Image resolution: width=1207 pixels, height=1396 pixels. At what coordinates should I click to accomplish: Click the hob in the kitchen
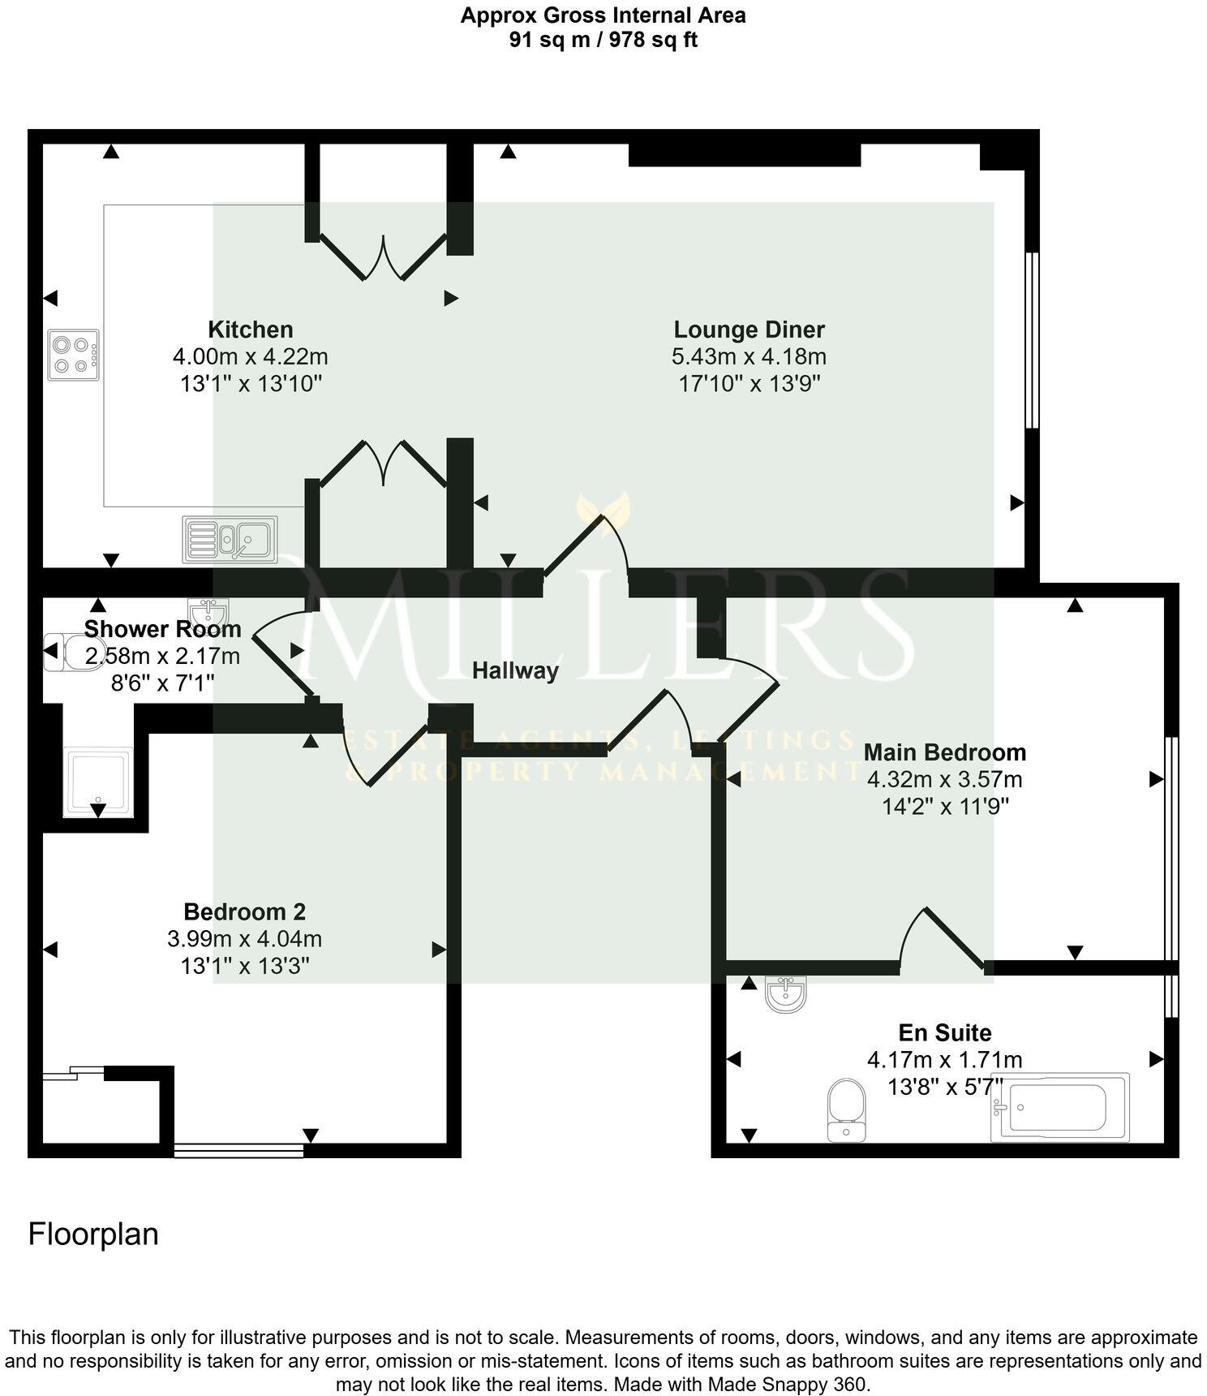click(74, 355)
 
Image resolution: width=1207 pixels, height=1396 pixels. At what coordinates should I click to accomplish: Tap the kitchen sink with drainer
click(230, 540)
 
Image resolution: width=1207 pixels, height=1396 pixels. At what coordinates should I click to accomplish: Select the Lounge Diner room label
click(749, 330)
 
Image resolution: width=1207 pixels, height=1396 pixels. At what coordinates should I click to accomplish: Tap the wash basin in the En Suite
click(785, 995)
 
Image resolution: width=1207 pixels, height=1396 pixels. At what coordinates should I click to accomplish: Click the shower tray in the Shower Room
click(98, 782)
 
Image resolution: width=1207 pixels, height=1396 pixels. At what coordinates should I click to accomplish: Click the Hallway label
click(515, 670)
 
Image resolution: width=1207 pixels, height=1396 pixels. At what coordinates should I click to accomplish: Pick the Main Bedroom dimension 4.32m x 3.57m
click(944, 780)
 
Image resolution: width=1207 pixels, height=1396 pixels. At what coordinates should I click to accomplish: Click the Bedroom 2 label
click(244, 911)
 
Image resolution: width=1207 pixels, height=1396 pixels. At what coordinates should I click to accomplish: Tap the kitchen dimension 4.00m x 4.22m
click(250, 356)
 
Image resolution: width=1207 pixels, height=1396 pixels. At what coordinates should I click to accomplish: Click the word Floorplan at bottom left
click(93, 1234)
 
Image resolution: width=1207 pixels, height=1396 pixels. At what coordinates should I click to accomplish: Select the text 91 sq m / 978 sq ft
click(603, 40)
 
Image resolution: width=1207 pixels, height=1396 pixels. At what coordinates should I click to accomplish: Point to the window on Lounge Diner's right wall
click(1032, 339)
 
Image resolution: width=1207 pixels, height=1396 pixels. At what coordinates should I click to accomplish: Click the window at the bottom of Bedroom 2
click(238, 1149)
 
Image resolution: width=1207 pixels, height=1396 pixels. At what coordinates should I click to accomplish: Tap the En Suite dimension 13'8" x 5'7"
click(945, 1086)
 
